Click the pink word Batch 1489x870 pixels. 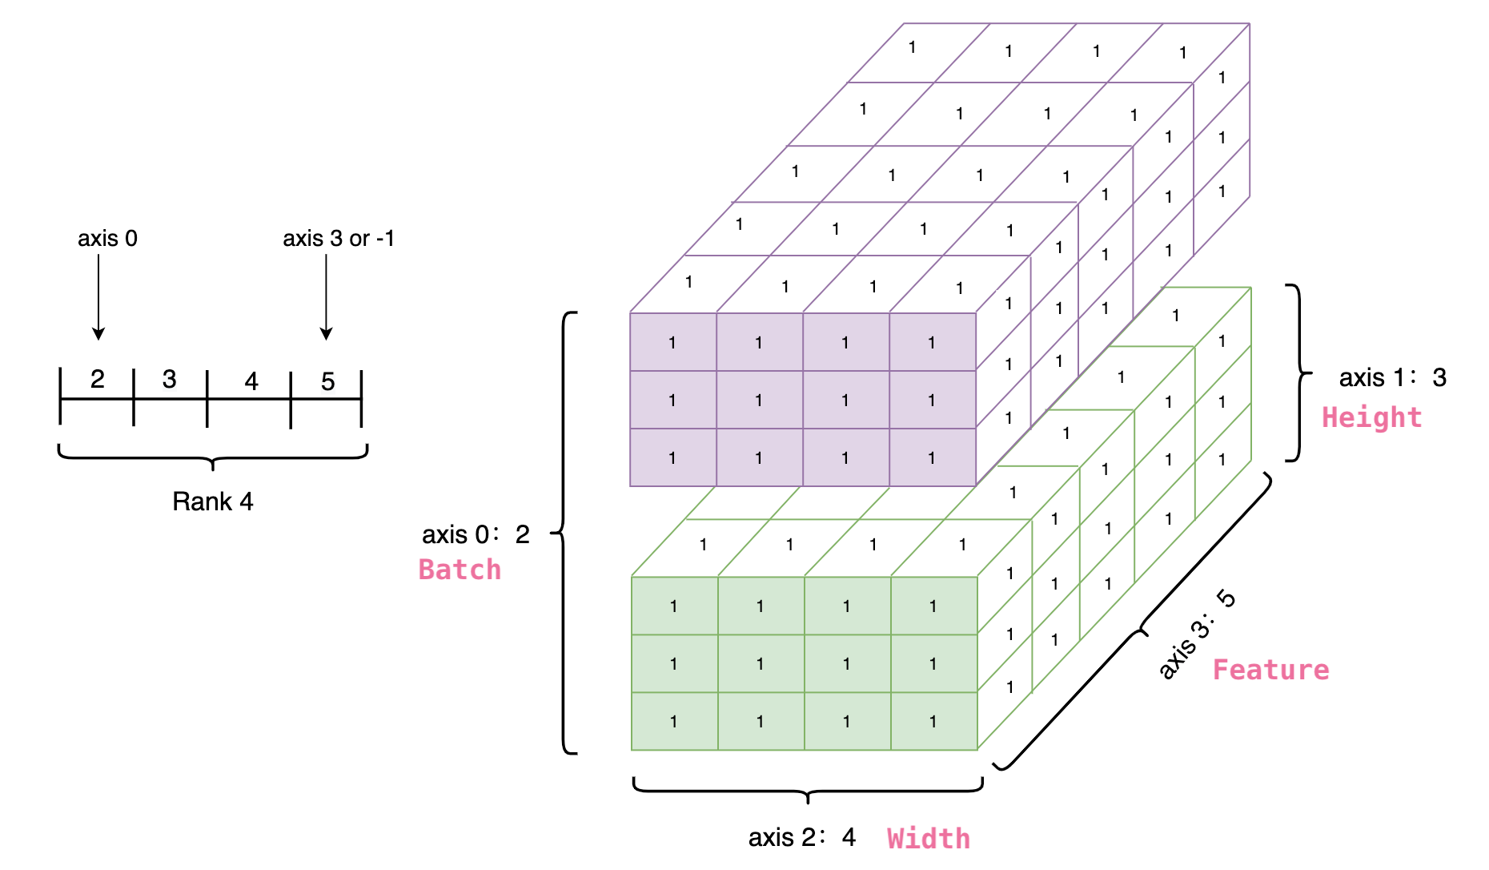point(460,570)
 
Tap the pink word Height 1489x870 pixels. point(1371,417)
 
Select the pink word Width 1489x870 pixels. point(929,839)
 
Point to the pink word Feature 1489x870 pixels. point(1270,670)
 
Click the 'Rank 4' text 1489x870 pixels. point(213,501)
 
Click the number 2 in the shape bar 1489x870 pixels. point(98,379)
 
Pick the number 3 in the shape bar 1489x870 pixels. point(169,379)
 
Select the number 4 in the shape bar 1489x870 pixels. point(251,381)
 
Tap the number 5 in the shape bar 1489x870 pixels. point(327,381)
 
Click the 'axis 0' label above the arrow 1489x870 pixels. point(107,239)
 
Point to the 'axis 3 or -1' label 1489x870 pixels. point(339,239)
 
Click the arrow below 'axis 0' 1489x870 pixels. point(98,296)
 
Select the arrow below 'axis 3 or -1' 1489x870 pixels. point(326,296)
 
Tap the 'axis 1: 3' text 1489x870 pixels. point(1392,377)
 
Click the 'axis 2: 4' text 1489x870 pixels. point(802,838)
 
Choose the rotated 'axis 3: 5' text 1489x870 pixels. point(1198,634)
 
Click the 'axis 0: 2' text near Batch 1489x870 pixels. point(476,534)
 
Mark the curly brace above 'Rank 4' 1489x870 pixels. point(213,457)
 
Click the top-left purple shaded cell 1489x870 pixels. point(672,342)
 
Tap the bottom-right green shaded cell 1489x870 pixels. point(933,721)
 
